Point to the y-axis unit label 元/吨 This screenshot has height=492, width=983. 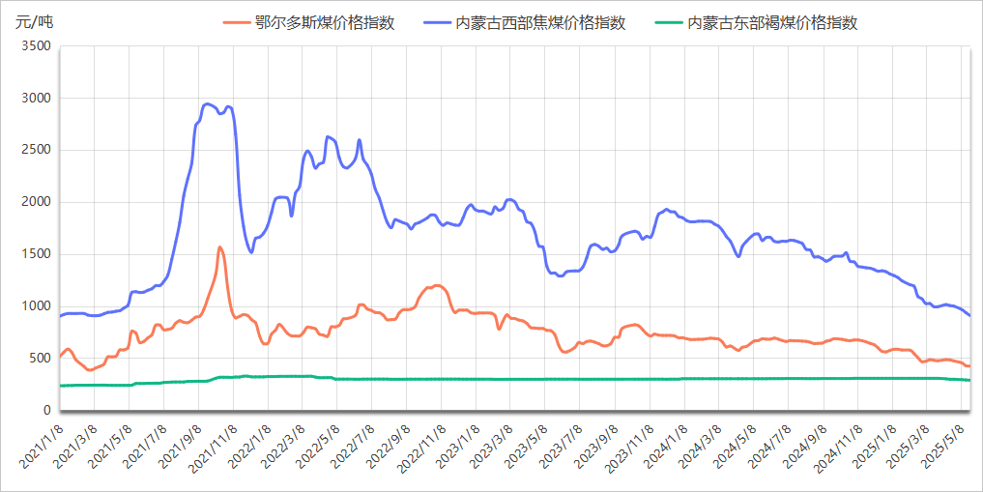coord(35,22)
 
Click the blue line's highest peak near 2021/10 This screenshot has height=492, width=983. coord(207,103)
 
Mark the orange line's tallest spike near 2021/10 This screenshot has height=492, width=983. coord(220,247)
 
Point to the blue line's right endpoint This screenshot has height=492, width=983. coord(969,315)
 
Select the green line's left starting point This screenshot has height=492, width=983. coord(60,386)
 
